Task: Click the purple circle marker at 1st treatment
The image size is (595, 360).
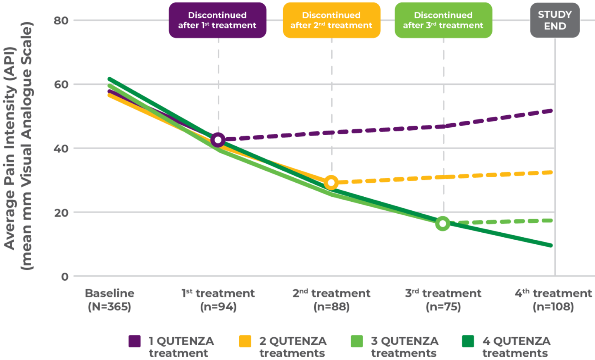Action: click(x=218, y=140)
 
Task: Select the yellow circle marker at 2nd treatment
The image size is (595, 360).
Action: click(x=331, y=182)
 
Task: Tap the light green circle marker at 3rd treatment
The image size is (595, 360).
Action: click(x=443, y=224)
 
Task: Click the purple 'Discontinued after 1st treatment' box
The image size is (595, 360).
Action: click(x=217, y=20)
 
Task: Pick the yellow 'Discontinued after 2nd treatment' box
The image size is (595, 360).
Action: click(x=331, y=20)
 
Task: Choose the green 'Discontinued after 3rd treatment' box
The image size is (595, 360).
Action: click(x=443, y=20)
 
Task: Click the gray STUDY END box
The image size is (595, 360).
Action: click(x=555, y=20)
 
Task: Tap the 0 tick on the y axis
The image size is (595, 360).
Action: click(x=65, y=277)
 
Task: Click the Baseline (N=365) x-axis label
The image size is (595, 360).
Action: click(x=109, y=300)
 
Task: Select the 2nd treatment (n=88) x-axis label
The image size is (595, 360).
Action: click(x=331, y=300)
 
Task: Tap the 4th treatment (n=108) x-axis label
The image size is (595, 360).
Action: click(x=553, y=300)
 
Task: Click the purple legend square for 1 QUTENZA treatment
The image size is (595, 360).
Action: click(x=135, y=341)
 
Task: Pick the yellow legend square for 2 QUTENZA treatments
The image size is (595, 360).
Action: click(x=245, y=341)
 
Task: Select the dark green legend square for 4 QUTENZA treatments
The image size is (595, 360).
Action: click(x=468, y=341)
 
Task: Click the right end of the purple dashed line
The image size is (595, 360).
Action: click(x=551, y=111)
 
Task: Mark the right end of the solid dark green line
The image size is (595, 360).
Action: click(x=551, y=246)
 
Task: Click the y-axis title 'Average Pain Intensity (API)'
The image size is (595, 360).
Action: click(x=9, y=149)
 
